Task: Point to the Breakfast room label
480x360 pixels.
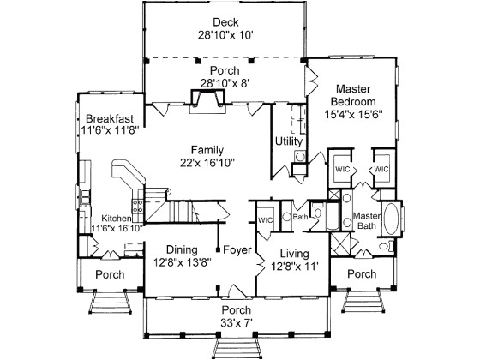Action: [109, 118]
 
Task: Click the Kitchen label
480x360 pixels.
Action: [117, 219]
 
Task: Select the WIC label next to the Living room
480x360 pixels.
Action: [265, 220]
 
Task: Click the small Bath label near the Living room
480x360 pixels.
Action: [299, 217]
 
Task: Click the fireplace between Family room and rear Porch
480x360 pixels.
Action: [207, 100]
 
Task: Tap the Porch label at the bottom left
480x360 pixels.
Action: [110, 274]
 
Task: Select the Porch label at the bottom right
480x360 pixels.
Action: [362, 274]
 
